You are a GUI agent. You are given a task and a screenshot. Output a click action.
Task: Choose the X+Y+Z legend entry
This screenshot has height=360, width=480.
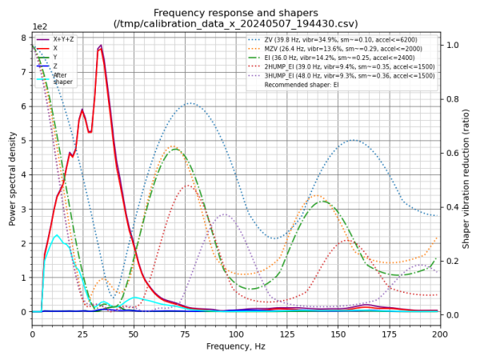pos(65,39)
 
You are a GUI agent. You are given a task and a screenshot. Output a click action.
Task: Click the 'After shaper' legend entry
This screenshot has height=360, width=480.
pos(62,78)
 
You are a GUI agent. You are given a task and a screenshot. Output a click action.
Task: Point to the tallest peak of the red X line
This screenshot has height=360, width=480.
pos(101,46)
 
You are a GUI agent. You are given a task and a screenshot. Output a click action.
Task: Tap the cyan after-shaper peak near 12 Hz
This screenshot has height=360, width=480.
pos(56,236)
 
